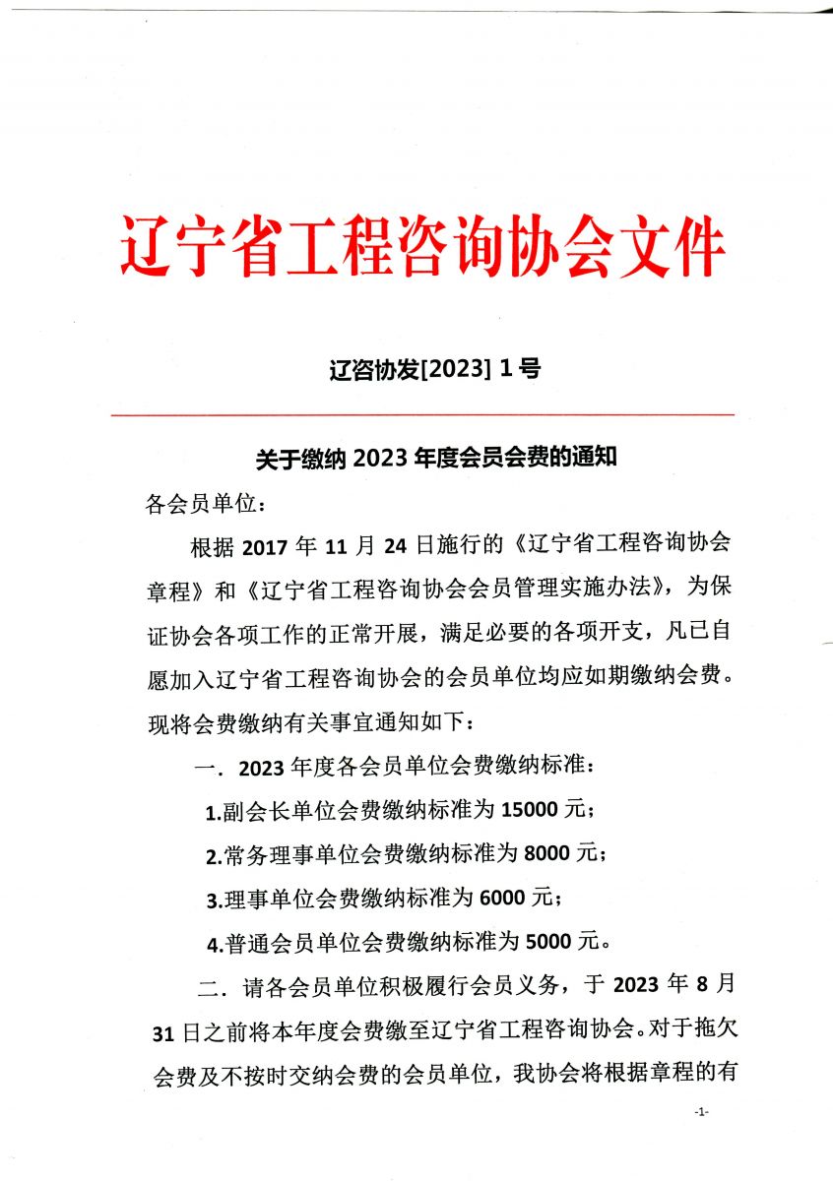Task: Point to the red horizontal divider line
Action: click(423, 415)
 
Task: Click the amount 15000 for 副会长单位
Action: click(534, 809)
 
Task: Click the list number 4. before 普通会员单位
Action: click(214, 944)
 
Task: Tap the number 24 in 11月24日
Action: click(426, 547)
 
